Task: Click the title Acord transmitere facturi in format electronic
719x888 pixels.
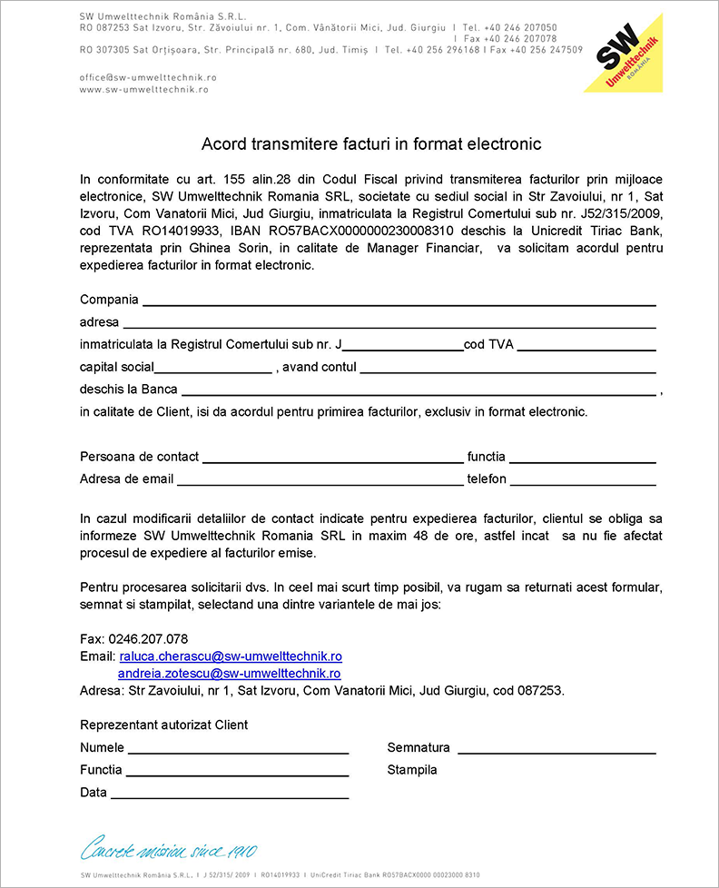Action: tap(371, 143)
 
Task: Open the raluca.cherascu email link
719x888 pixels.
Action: tap(231, 656)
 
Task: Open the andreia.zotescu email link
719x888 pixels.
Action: tap(229, 674)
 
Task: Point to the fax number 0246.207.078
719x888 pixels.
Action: tap(148, 638)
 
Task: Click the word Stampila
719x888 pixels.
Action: tap(412, 770)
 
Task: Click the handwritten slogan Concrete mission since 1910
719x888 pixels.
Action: tap(169, 851)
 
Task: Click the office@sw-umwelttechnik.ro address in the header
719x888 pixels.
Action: tap(148, 78)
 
